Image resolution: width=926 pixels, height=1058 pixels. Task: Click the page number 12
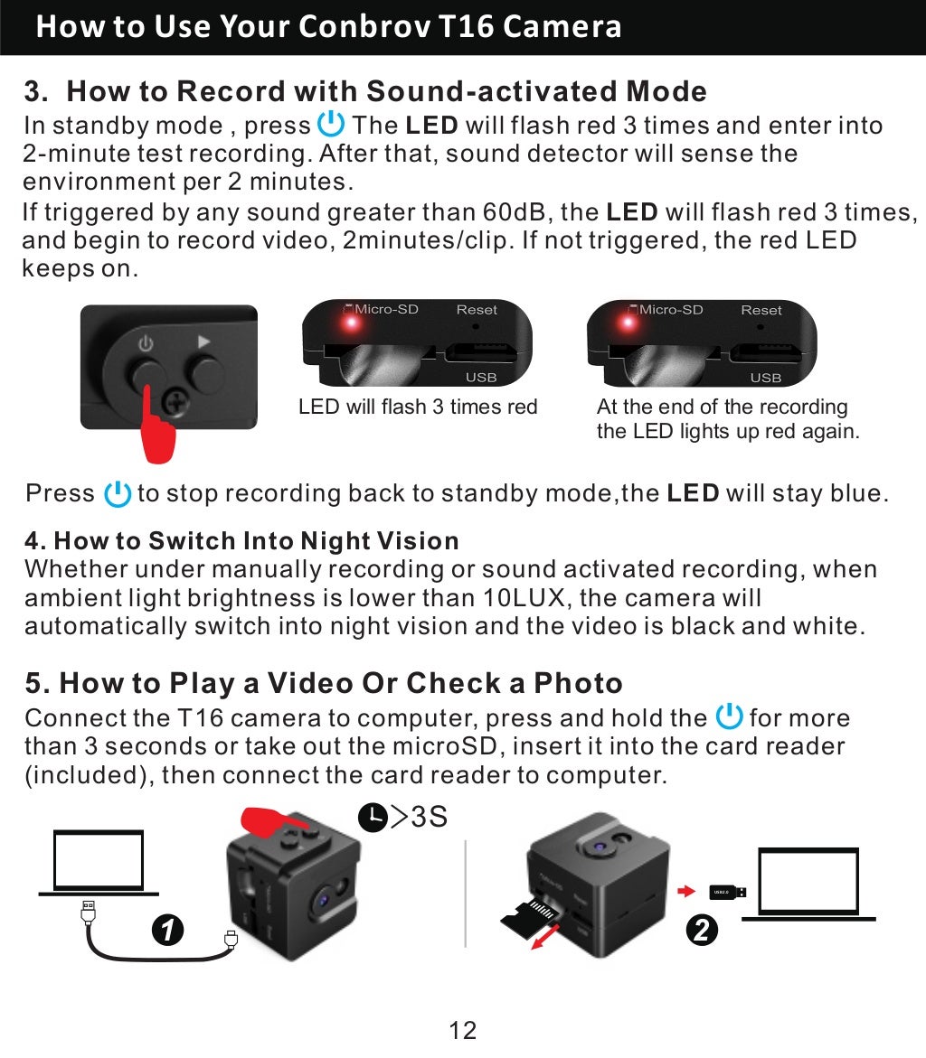click(x=462, y=1029)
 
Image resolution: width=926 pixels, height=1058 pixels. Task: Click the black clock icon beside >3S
click(x=372, y=818)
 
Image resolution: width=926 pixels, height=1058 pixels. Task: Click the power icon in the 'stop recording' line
click(x=118, y=494)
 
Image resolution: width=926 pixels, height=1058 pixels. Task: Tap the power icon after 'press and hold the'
click(x=728, y=717)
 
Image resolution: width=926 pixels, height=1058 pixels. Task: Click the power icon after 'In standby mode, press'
click(x=332, y=124)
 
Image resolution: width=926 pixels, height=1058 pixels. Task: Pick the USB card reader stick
click(x=727, y=893)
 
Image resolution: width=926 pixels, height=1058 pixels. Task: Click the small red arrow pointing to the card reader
click(x=686, y=893)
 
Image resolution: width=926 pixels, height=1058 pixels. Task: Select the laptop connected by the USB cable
click(x=98, y=863)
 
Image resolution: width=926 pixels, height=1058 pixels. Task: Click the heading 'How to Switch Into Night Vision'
click(x=242, y=541)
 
